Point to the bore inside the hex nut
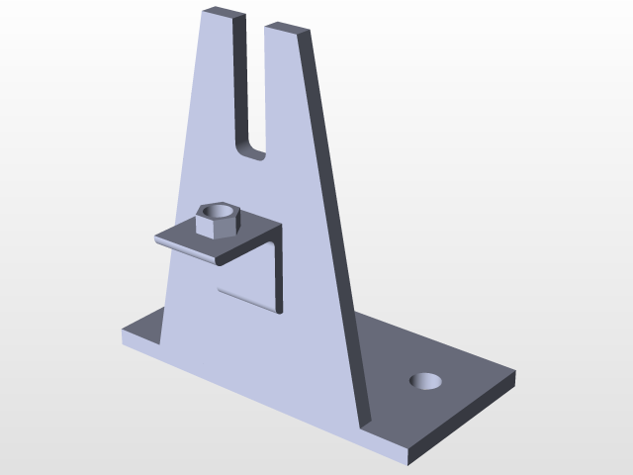pos(219,211)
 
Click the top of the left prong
pos(222,14)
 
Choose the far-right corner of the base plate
pos(514,374)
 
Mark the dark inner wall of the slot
pos(239,89)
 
